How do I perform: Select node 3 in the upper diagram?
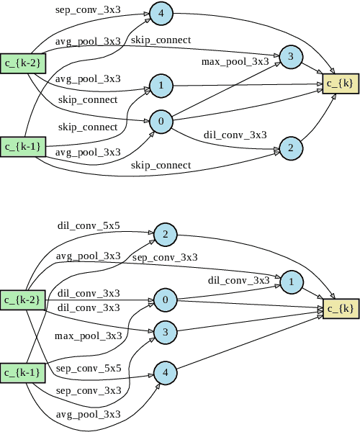[x=290, y=56]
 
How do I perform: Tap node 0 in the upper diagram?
[x=161, y=121]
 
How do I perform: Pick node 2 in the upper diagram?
[x=290, y=148]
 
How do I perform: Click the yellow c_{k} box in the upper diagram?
[x=339, y=84]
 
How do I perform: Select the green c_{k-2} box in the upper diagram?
[x=23, y=63]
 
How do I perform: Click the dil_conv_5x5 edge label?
[x=89, y=226]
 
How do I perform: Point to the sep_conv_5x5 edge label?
[x=89, y=368]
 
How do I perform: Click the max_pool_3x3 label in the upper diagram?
[x=235, y=62]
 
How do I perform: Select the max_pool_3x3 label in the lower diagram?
[x=89, y=336]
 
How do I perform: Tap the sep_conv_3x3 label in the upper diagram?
[x=89, y=10]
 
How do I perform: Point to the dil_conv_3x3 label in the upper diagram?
[x=235, y=135]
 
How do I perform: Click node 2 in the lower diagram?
[x=165, y=235]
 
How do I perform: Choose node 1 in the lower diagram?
[x=290, y=282]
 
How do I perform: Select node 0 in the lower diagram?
[x=165, y=300]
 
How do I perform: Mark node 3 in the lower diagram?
[x=165, y=332]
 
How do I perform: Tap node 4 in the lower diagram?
[x=165, y=373]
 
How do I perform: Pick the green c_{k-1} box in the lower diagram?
[x=23, y=372]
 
